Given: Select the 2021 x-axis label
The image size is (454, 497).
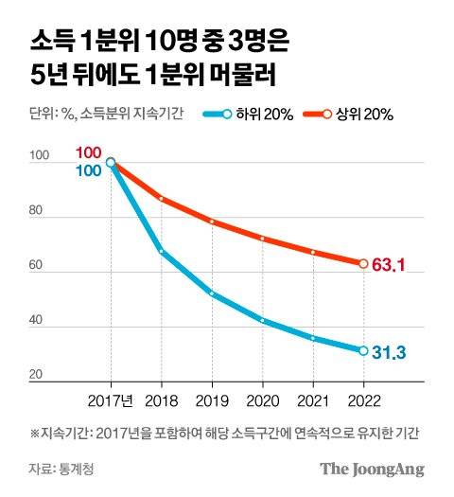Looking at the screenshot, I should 313,400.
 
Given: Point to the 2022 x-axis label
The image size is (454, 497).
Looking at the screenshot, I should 363,400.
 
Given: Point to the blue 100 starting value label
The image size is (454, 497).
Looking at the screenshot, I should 88,170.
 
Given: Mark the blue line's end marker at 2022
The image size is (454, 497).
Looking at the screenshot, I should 362,351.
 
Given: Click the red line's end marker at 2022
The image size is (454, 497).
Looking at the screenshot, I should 362,263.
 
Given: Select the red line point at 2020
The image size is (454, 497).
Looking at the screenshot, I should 263,239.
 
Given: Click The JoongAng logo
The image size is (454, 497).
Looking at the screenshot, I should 371,470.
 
